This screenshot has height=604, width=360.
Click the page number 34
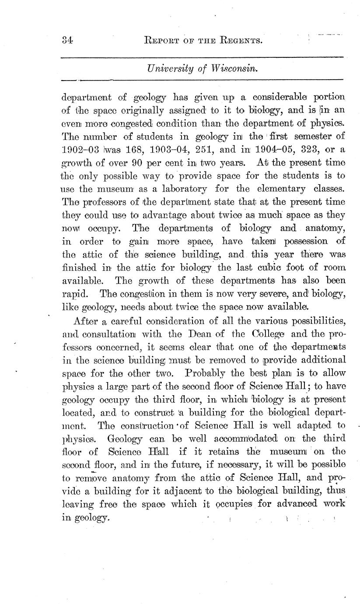click(67, 41)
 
